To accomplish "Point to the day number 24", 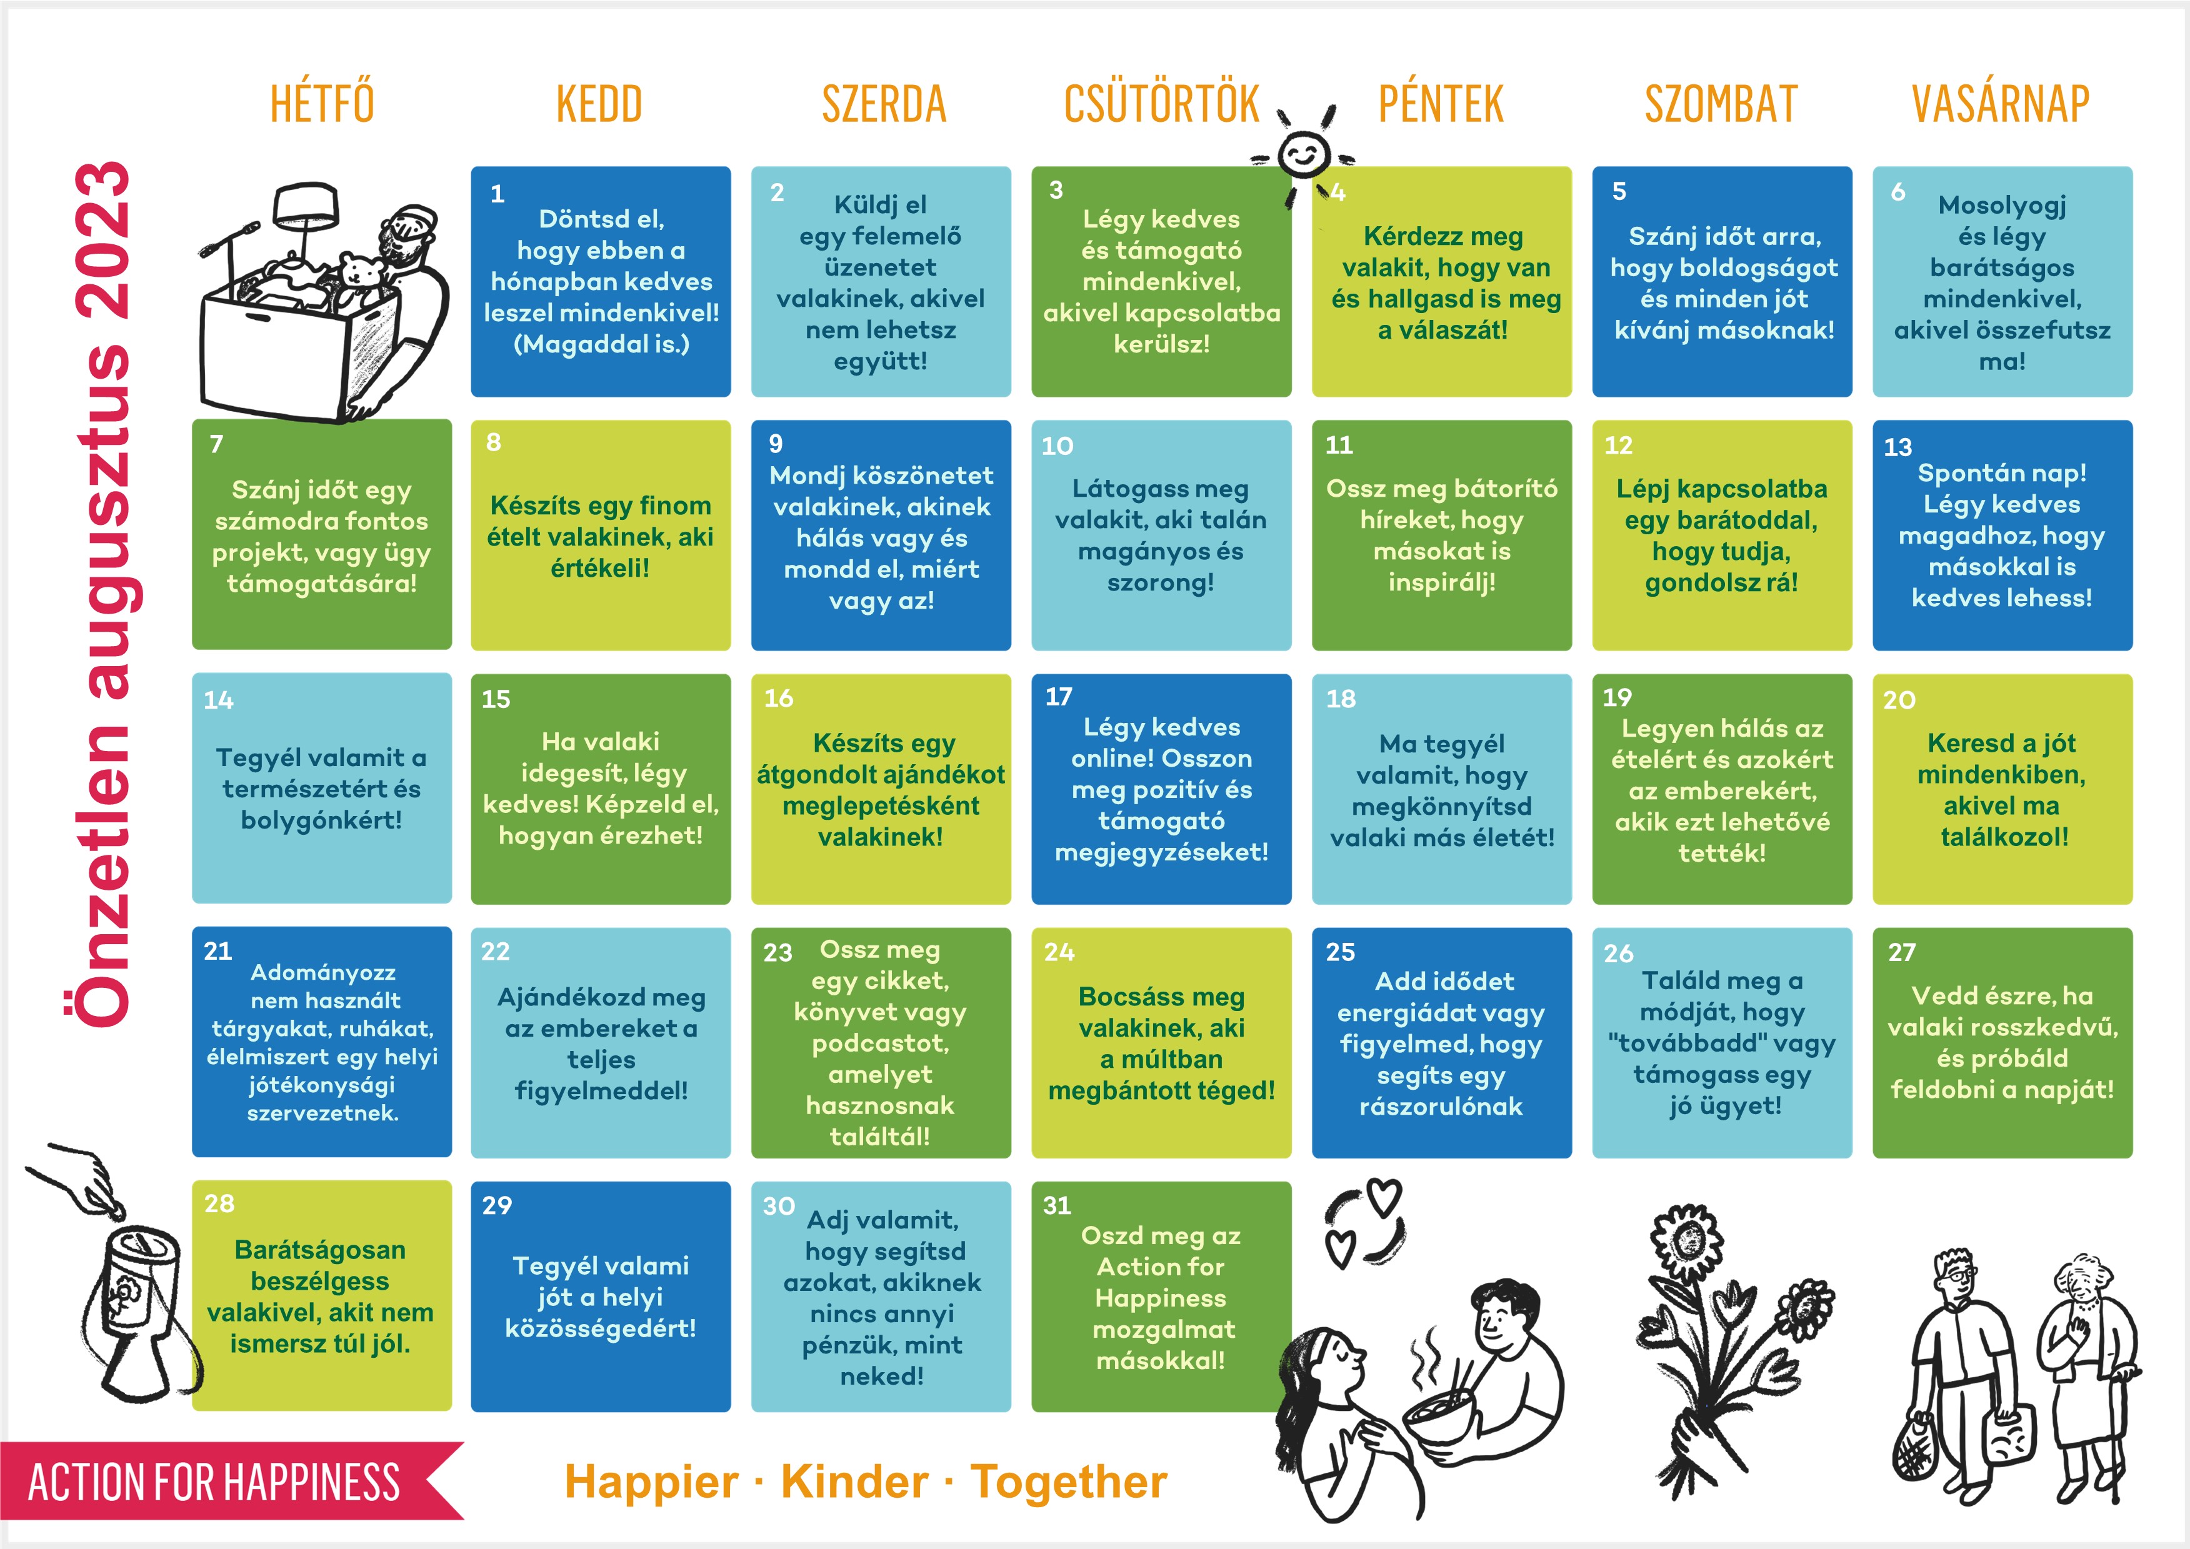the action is click(1059, 952).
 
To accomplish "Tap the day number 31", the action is click(1057, 1205).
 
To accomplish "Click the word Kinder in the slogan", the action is click(854, 1482).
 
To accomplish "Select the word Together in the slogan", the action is click(1068, 1482).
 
